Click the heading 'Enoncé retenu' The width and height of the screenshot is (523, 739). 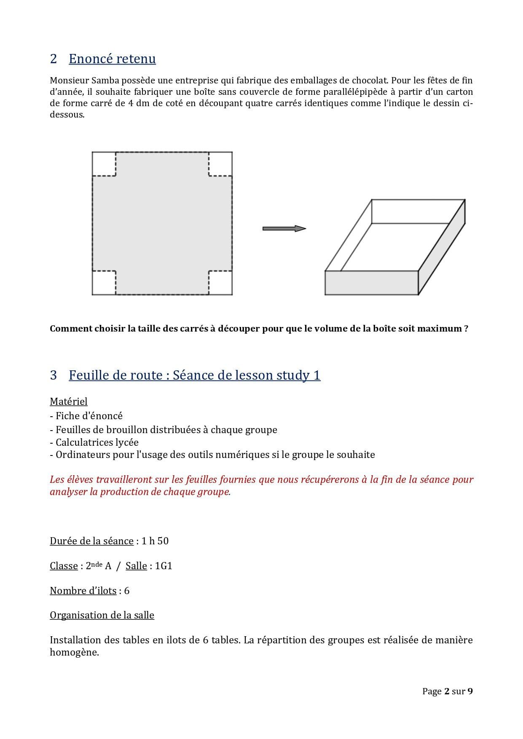click(112, 59)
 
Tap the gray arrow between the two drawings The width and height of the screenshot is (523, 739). click(284, 228)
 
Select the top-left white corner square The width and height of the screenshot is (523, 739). click(104, 163)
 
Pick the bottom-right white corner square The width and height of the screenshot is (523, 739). click(220, 283)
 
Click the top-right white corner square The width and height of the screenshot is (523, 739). click(220, 163)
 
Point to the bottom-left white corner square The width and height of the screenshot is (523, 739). click(104, 283)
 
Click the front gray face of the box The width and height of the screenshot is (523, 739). click(371, 283)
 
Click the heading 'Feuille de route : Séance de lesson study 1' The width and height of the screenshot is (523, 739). click(194, 375)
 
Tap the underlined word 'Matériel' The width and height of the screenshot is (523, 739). click(69, 402)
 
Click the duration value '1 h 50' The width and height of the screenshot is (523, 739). click(155, 541)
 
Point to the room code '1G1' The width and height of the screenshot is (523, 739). click(164, 566)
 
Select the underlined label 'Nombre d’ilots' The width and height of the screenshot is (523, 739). click(83, 591)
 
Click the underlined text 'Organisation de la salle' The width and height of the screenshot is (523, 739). click(102, 615)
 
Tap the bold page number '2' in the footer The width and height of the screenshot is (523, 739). click(447, 691)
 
